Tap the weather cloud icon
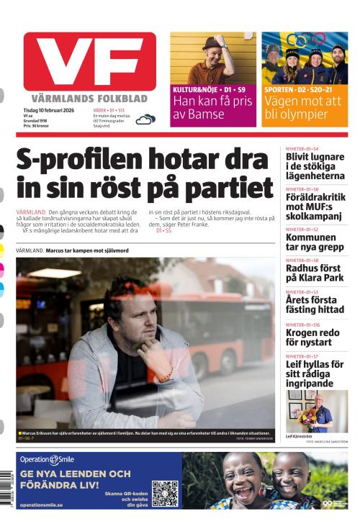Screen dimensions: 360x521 pos(145,119)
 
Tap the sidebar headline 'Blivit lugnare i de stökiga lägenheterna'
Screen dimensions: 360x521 pos(315,166)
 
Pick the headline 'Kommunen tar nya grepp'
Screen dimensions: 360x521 pos(310,243)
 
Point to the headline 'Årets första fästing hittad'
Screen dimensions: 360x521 pos(315,305)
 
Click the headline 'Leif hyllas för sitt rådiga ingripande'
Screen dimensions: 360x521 pos(315,373)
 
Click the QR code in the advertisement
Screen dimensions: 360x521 pos(164,493)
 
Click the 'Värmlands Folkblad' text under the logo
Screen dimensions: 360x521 pos(89,98)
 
